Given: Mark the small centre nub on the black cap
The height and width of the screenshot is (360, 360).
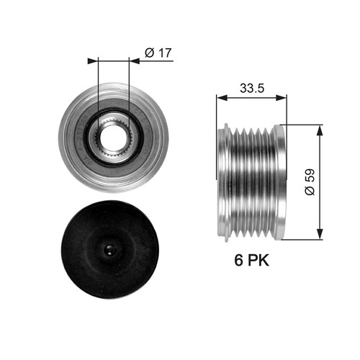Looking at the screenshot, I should tap(108, 250).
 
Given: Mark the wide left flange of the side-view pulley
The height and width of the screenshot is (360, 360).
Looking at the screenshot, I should tap(225, 181).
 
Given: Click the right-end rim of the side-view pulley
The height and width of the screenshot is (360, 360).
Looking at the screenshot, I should tap(281, 181).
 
